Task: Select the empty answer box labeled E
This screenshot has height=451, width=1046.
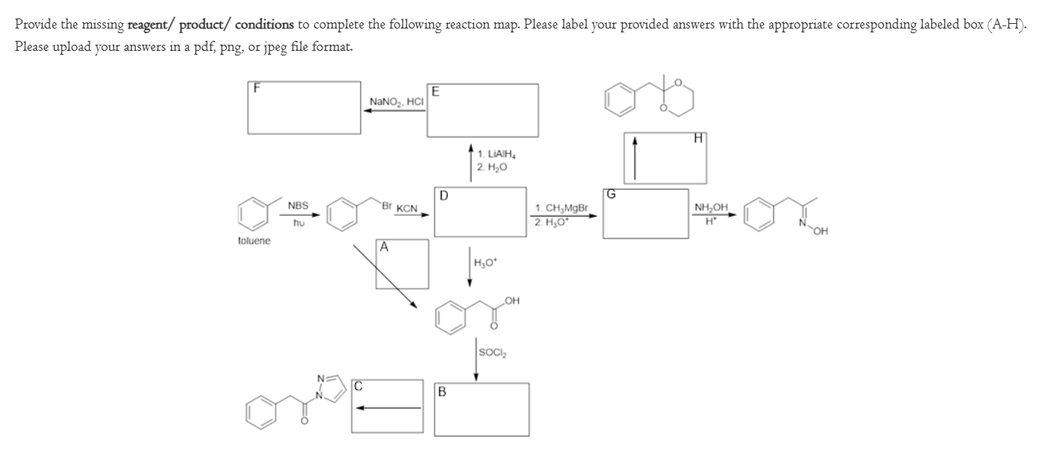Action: [x=483, y=109]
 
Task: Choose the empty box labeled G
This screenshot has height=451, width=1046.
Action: [x=645, y=214]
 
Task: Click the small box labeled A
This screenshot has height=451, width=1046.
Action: [x=402, y=264]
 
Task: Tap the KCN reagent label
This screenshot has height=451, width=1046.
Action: [x=407, y=209]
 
